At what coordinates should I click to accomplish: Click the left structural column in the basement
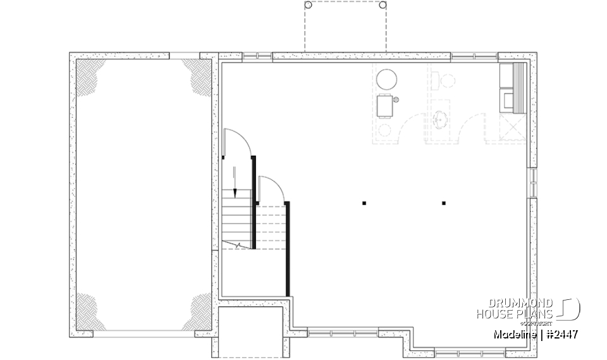[364, 203]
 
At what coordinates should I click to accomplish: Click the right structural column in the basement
[444, 203]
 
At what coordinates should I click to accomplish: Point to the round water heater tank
[387, 80]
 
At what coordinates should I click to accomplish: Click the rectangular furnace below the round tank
[385, 106]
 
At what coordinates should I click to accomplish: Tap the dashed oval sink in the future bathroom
[440, 118]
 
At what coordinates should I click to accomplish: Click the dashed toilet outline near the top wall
[447, 80]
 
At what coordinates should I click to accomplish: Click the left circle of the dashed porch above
[309, 5]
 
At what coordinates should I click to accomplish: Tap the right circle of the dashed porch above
[382, 5]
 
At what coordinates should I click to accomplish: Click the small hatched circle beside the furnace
[396, 99]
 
